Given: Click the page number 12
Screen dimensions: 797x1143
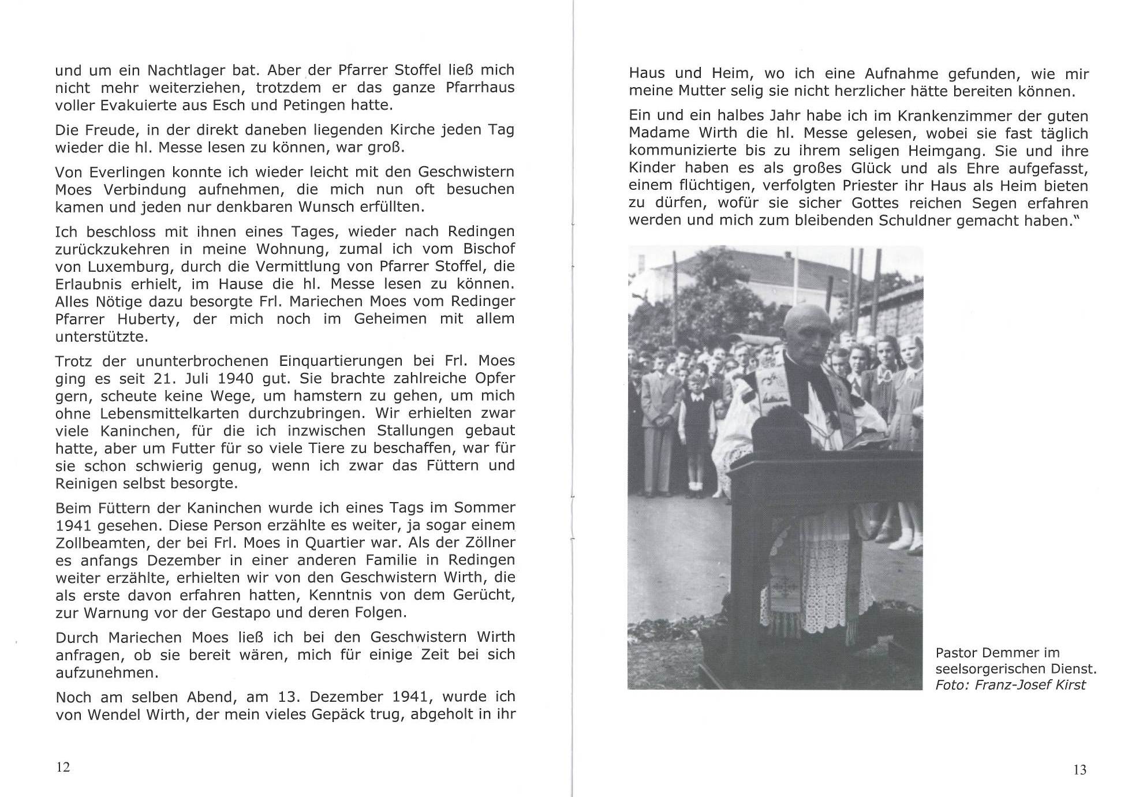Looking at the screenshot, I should [63, 767].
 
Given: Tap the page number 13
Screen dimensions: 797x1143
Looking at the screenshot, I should [1079, 770].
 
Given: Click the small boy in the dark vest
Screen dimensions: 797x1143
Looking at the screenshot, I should [694, 416].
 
